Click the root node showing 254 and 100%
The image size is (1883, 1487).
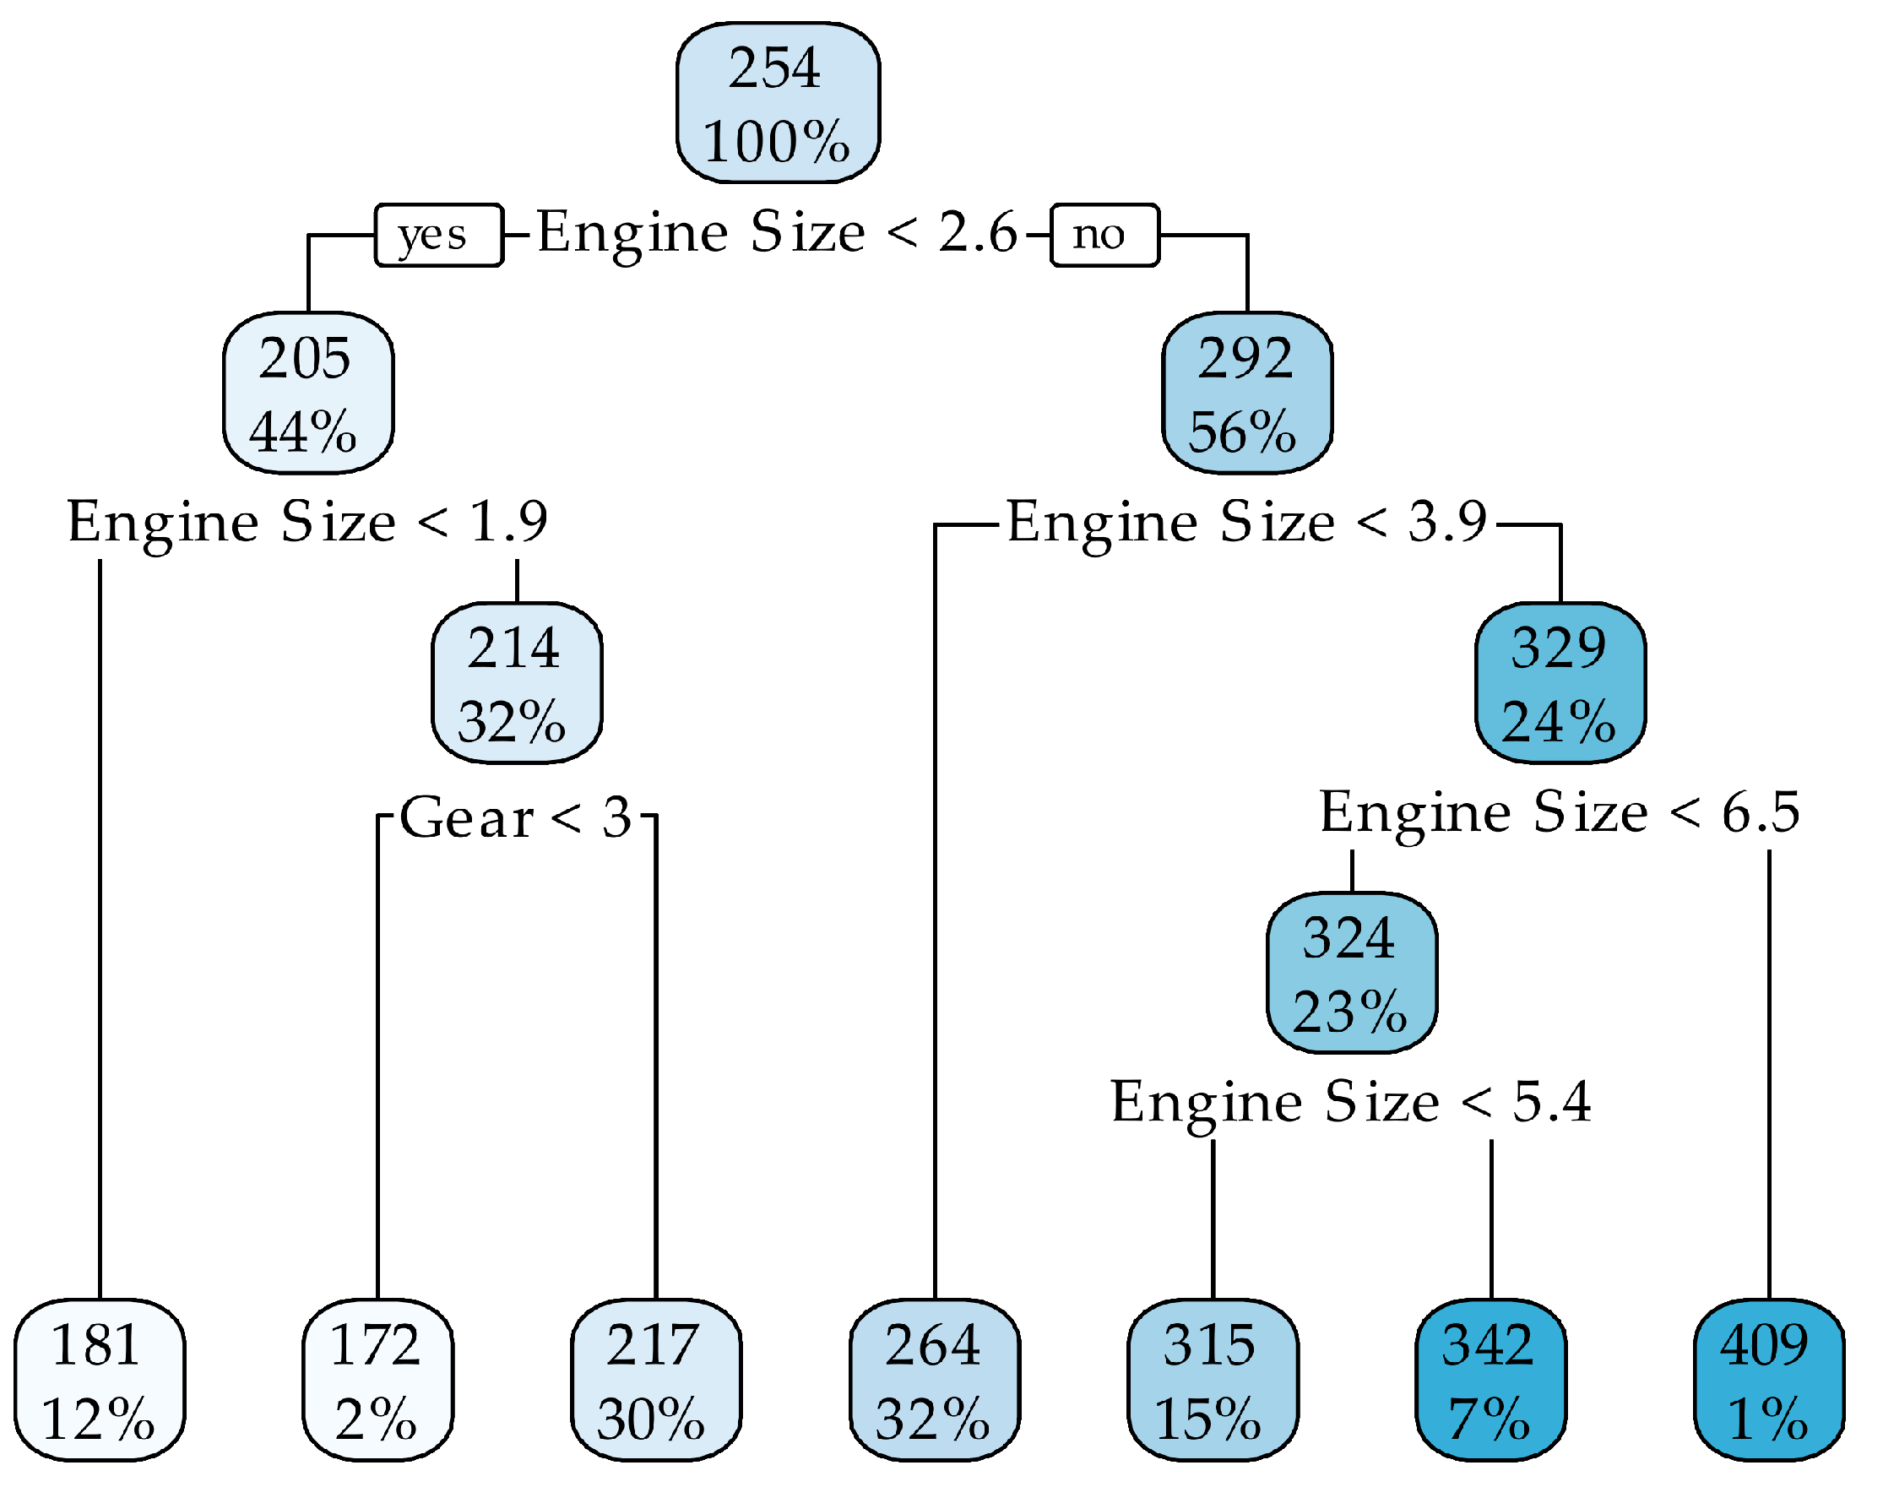(778, 104)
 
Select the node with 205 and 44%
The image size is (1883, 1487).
(308, 393)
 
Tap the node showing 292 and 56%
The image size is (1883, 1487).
(1246, 393)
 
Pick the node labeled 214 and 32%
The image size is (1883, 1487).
(516, 682)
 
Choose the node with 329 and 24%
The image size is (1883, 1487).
(1559, 682)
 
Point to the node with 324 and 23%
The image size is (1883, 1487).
(1351, 973)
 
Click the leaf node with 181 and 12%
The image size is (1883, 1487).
(100, 1380)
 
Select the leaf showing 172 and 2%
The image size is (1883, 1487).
(377, 1380)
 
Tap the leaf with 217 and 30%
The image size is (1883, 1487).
(655, 1380)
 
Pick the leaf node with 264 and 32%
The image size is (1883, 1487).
(934, 1380)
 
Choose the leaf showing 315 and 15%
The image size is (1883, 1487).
(1213, 1380)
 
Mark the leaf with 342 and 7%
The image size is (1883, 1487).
(1490, 1380)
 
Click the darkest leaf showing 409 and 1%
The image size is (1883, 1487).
(1768, 1380)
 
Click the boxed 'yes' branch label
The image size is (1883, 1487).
(439, 235)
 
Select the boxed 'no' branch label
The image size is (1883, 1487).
(1104, 235)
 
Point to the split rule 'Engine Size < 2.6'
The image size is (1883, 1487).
(777, 233)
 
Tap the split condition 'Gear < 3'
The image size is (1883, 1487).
(516, 818)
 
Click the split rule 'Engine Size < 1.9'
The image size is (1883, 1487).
(308, 524)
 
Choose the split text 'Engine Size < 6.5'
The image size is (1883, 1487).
(1559, 813)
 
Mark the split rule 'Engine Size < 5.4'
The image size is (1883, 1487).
(1351, 1103)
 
